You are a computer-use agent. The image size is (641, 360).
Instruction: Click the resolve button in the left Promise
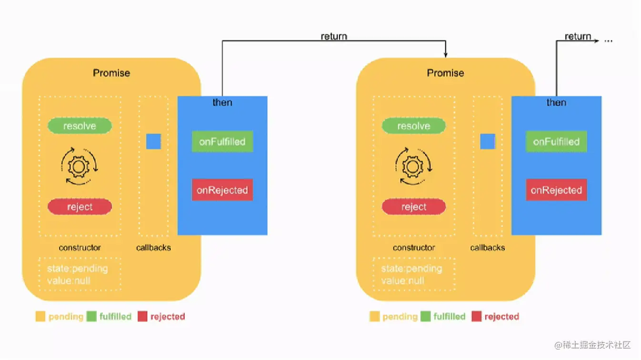pos(80,126)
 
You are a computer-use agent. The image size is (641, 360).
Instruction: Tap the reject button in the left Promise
pos(80,207)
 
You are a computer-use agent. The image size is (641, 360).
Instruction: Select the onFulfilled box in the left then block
pos(222,142)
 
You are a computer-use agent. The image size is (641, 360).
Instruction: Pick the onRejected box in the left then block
pos(222,190)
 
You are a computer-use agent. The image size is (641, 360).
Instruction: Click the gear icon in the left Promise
pos(80,166)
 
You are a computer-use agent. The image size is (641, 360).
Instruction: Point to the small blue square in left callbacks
pos(153,141)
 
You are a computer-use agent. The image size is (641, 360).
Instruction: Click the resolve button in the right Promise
pos(413,126)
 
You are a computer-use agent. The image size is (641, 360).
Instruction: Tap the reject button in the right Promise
pos(413,207)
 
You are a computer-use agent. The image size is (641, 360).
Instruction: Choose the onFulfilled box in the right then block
pos(556,142)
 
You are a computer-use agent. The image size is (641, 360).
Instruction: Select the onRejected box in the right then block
pos(556,190)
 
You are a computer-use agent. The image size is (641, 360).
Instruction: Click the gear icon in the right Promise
pos(413,166)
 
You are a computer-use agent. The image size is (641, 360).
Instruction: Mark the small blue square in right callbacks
pos(488,141)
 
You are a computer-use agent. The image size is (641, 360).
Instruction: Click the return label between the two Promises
pos(334,37)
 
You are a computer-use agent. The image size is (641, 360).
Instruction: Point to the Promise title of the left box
pos(111,73)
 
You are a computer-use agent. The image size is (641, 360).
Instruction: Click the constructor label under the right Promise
pos(414,248)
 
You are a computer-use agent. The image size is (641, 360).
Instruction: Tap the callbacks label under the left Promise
pos(153,248)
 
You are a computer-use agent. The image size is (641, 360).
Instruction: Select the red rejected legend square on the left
pos(142,316)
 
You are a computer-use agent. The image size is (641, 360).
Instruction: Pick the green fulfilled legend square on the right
pos(425,316)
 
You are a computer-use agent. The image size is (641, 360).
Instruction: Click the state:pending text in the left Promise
pos(78,269)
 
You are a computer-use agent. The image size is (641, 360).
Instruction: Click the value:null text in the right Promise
pos(402,280)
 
